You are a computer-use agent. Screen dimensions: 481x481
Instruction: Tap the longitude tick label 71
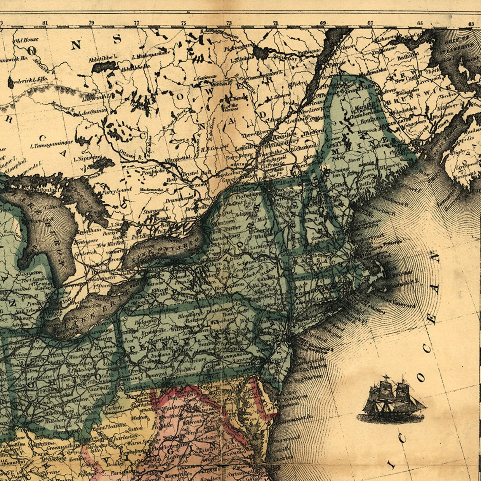[276, 23]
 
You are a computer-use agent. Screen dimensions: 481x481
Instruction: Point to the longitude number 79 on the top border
[91, 23]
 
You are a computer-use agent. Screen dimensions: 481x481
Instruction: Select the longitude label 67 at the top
[370, 23]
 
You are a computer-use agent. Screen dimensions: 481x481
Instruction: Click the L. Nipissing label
[87, 159]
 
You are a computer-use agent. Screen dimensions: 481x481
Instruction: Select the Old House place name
[26, 40]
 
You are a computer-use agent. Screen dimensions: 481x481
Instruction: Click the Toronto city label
[114, 249]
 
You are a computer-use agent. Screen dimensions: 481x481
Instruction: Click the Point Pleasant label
[105, 427]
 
